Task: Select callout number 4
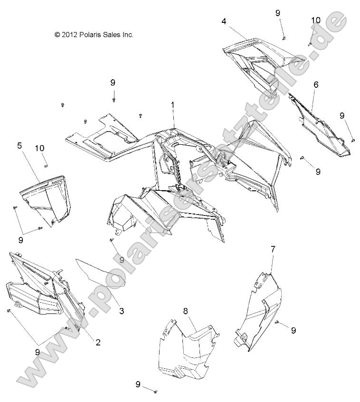[224, 21]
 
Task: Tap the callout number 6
[316, 84]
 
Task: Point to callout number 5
[19, 146]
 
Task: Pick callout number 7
[273, 249]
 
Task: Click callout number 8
[186, 311]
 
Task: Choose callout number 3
[122, 311]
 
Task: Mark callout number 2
[98, 342]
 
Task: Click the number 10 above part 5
[40, 149]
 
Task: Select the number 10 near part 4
[316, 20]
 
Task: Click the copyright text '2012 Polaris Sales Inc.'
[94, 35]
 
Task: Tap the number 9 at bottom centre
[138, 384]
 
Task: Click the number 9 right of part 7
[294, 330]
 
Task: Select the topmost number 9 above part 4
[278, 13]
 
